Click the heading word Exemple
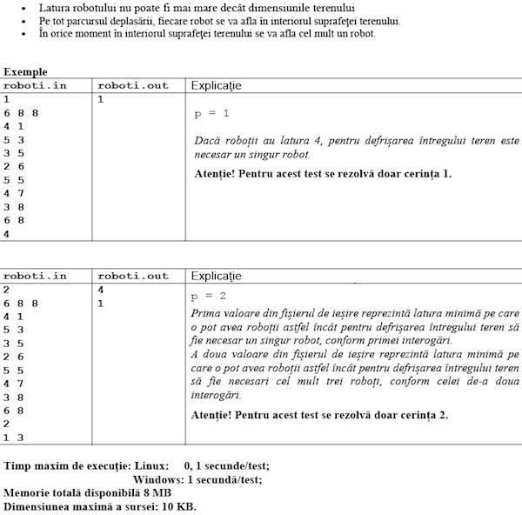[25, 72]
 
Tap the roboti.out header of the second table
[133, 276]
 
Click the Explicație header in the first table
[215, 85]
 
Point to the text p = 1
[212, 113]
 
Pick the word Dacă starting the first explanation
[208, 139]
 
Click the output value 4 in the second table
[101, 290]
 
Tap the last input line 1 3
[13, 438]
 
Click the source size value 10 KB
[180, 505]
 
